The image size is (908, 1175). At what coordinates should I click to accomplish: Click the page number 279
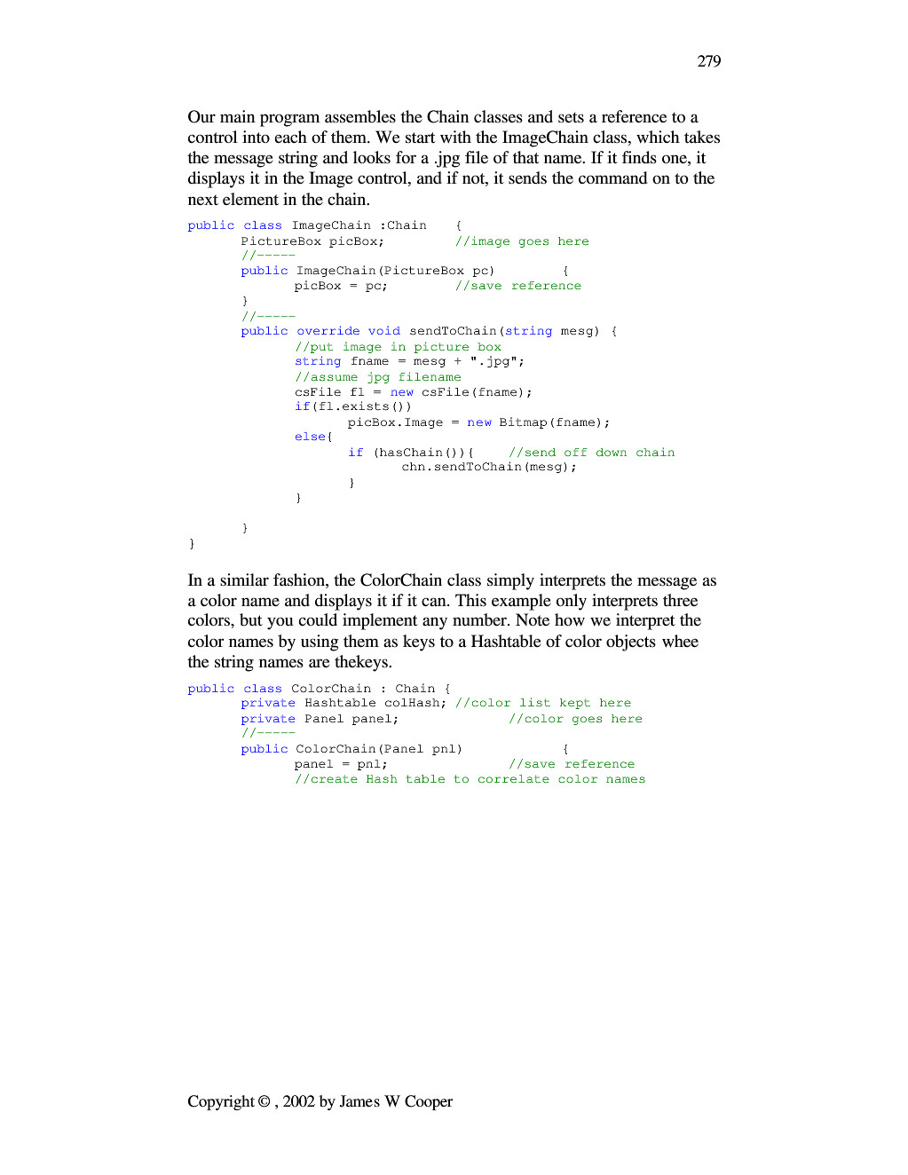pos(708,61)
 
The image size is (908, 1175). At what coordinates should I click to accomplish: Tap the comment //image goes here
pos(522,241)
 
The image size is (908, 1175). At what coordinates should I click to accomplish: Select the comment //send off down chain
pos(591,453)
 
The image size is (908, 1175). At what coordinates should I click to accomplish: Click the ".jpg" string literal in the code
pos(496,361)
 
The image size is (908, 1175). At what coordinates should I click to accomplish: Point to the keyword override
pos(328,331)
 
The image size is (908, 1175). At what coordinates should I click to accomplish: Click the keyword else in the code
pos(311,437)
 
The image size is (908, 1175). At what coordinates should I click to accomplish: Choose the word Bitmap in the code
pos(523,422)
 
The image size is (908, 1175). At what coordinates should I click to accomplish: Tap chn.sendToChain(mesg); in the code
pos(489,467)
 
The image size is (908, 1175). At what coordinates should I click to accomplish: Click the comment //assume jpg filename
pos(378,377)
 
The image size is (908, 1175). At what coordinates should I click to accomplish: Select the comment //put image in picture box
pos(398,347)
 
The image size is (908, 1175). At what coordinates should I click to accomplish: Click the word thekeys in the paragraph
pos(361,662)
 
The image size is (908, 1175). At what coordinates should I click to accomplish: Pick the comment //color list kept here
pos(543,703)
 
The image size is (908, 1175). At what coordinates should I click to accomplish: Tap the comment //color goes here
pos(575,719)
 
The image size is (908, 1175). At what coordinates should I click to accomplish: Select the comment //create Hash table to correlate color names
pos(470,779)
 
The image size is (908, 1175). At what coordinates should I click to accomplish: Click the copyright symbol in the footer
pos(264,1101)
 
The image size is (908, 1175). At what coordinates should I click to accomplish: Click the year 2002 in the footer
pos(298,1101)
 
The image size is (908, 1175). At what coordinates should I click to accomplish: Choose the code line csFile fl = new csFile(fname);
pos(414,392)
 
